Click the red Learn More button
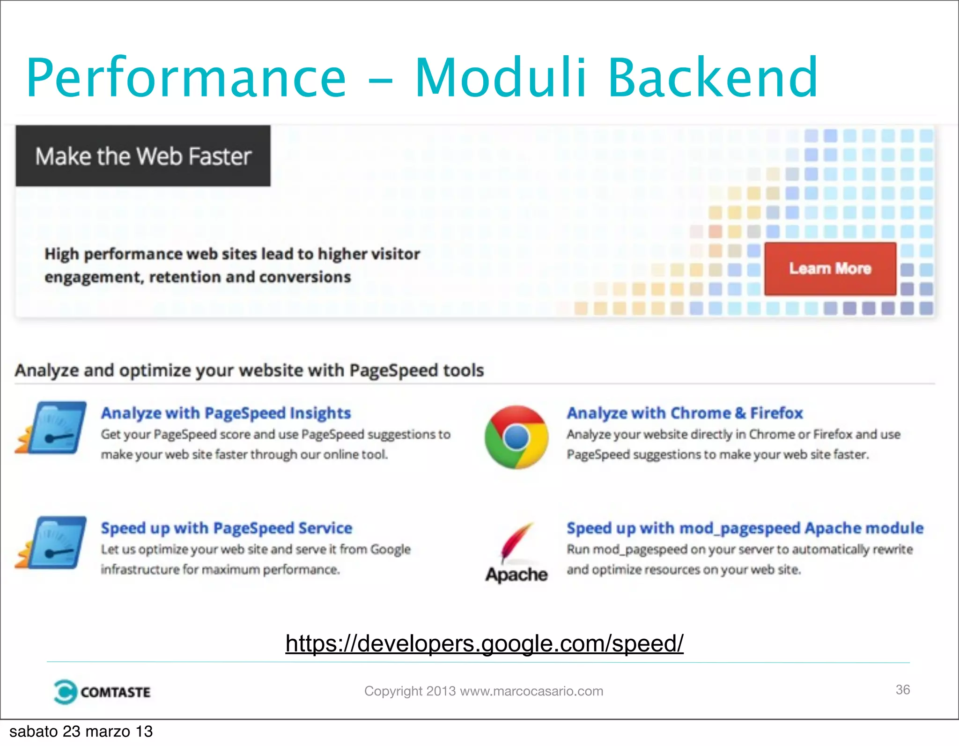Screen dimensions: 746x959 point(830,268)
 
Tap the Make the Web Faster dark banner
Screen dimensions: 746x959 point(143,156)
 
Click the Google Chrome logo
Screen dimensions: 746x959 point(516,437)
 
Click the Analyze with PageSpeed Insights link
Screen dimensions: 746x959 point(226,413)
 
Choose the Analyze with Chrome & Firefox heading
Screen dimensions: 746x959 point(685,413)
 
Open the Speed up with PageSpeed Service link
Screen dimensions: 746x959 point(227,528)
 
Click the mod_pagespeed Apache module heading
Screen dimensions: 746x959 point(745,528)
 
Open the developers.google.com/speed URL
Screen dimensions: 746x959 point(484,643)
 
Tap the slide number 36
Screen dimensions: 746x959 point(902,689)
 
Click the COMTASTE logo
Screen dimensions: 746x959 point(102,692)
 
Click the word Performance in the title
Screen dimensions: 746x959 point(186,78)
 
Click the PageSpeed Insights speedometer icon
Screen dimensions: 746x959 point(51,427)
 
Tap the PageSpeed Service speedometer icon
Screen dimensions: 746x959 point(51,542)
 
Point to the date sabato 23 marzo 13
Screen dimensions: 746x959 point(81,731)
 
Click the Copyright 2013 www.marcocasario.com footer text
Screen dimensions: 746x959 point(484,691)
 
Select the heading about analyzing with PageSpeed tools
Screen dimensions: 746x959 point(249,370)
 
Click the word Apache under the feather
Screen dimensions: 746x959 point(516,575)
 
